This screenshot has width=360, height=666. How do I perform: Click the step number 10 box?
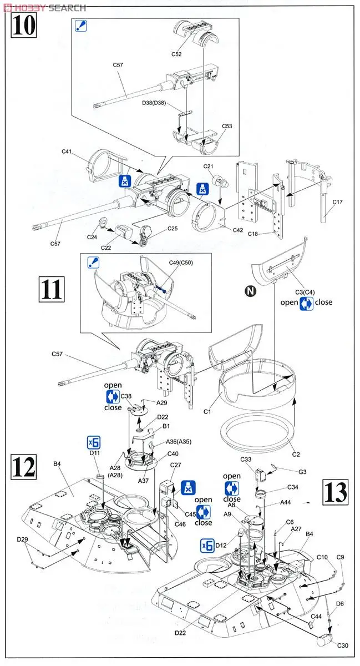(x=23, y=26)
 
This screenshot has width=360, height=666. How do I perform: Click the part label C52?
(x=176, y=54)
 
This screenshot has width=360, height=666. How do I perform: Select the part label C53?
(x=227, y=126)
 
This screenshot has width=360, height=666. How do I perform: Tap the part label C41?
(x=67, y=151)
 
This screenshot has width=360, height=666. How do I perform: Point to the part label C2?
(x=296, y=454)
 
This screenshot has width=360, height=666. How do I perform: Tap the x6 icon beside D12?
(x=207, y=546)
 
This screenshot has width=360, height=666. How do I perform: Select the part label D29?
(x=22, y=539)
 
